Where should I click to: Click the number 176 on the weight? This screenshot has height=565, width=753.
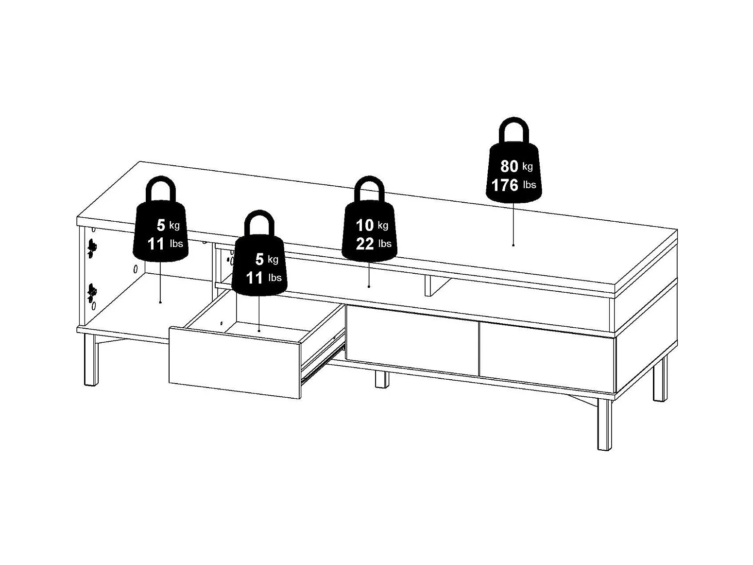click(x=505, y=185)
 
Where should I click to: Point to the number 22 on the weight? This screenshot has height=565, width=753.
click(x=365, y=244)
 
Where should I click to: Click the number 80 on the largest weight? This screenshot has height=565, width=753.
click(x=509, y=166)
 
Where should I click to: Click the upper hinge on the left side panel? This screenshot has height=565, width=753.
click(x=91, y=247)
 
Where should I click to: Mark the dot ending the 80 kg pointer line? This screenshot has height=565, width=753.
click(x=513, y=245)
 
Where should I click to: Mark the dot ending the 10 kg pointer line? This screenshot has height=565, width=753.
click(x=369, y=286)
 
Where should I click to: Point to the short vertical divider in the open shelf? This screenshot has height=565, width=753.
click(x=428, y=285)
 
